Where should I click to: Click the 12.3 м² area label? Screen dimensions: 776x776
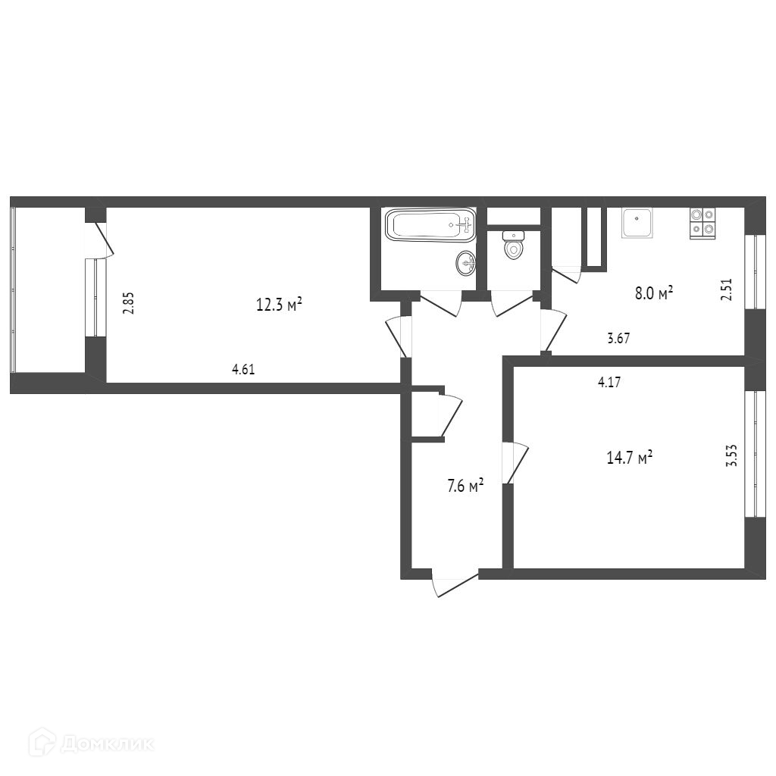[279, 305]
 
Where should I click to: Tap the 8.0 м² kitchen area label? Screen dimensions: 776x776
[654, 293]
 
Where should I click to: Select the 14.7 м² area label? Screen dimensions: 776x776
[630, 457]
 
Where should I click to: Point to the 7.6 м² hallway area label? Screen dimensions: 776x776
[465, 486]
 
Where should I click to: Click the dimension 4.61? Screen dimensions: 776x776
[243, 369]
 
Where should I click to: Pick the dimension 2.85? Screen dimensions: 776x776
[129, 303]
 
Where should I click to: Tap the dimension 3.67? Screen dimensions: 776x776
[618, 339]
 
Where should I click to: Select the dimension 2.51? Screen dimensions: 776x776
[726, 290]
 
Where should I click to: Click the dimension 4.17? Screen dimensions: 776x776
[609, 382]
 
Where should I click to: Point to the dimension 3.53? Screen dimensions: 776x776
[731, 455]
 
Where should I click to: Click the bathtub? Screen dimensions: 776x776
[430, 225]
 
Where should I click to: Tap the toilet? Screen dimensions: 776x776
[514, 245]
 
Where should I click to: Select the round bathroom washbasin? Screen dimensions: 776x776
[466, 263]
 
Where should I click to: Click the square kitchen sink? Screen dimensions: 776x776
[637, 223]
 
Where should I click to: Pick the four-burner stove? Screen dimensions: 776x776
[702, 224]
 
